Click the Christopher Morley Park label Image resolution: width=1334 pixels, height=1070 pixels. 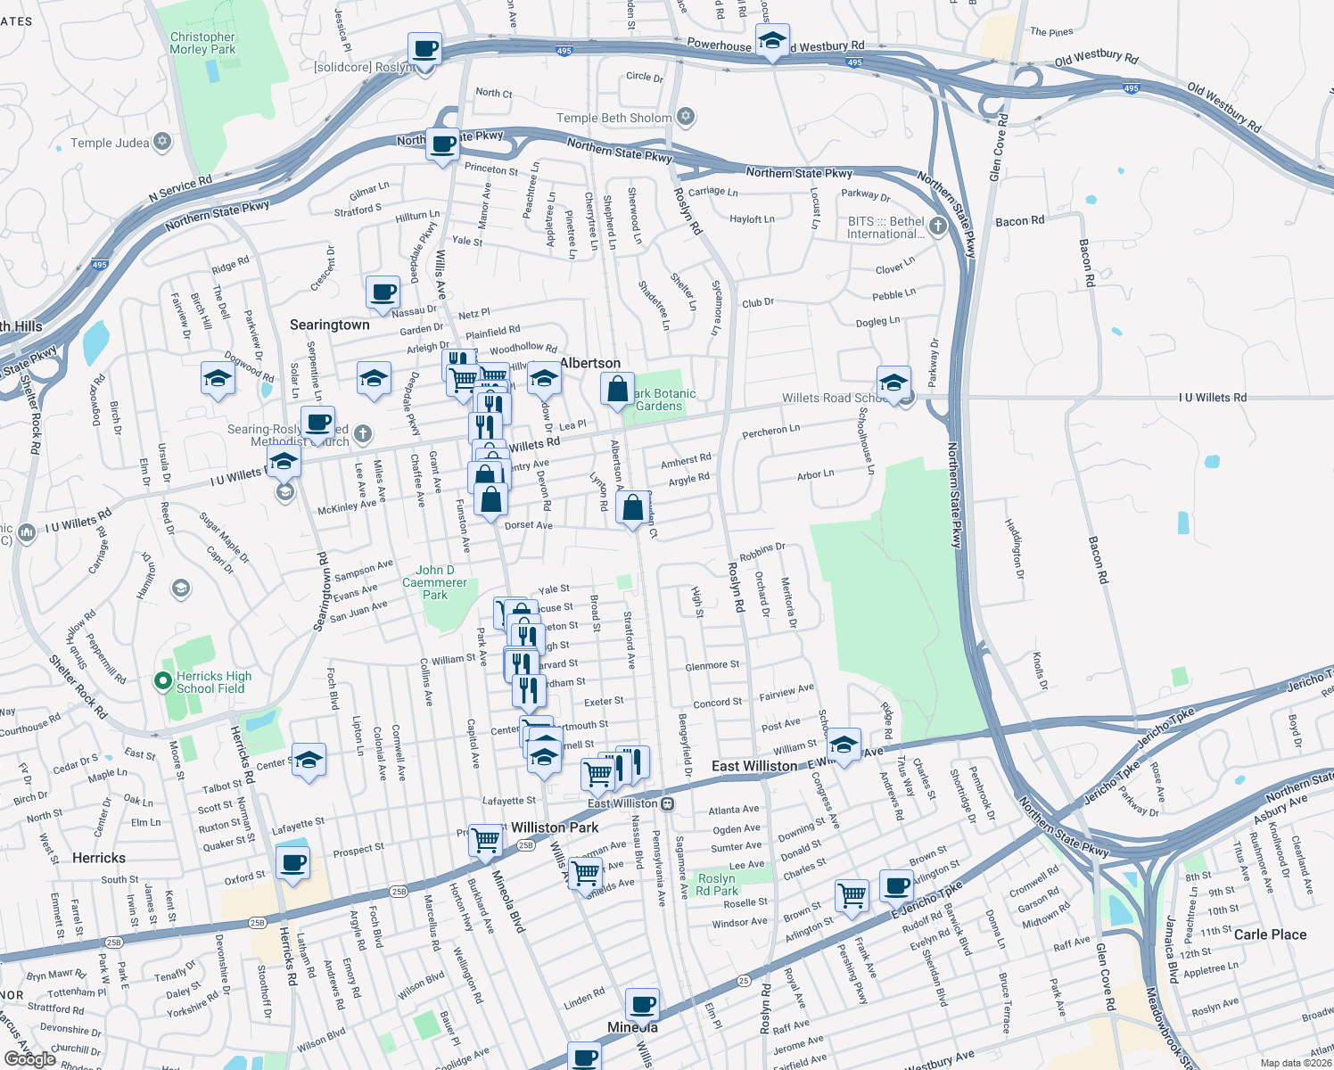pos(202,43)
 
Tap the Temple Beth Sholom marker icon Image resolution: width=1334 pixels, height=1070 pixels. pos(686,117)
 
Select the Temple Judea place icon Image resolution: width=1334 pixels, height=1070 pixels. pos(162,142)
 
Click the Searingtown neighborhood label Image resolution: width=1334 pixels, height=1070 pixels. pos(329,325)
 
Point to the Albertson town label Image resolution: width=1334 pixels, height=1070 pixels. pos(590,363)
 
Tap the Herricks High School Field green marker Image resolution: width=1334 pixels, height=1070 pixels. pos(162,682)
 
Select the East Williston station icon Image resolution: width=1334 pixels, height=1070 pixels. pos(667,803)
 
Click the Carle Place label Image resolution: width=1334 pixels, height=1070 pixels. pos(1270,934)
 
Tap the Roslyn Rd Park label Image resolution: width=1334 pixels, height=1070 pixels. pos(717,885)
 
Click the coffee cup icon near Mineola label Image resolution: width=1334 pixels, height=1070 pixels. pos(642,1005)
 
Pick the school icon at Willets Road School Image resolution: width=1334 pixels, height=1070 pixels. pos(893,383)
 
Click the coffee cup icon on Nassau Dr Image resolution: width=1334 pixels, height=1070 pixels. pos(383,292)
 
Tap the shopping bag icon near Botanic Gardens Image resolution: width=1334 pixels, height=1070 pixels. pos(617,390)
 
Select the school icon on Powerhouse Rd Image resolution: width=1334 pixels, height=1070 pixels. pos(772,40)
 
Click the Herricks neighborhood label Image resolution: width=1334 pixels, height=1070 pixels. pos(99,858)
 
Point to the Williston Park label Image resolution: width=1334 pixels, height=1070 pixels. pos(555,827)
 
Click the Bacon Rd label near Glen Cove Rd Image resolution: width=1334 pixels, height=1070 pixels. pos(1019,221)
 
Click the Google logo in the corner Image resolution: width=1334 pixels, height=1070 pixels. pos(30,1059)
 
